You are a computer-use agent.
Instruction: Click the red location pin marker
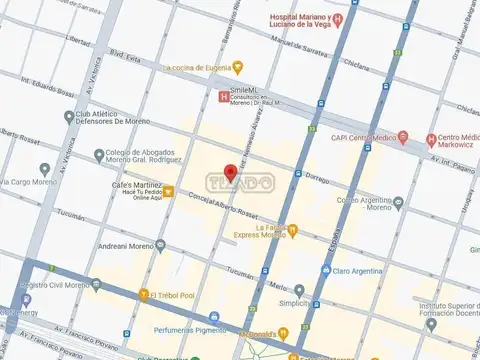pyautogui.click(x=232, y=172)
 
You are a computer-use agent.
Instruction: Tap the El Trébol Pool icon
pyautogui.click(x=144, y=294)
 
